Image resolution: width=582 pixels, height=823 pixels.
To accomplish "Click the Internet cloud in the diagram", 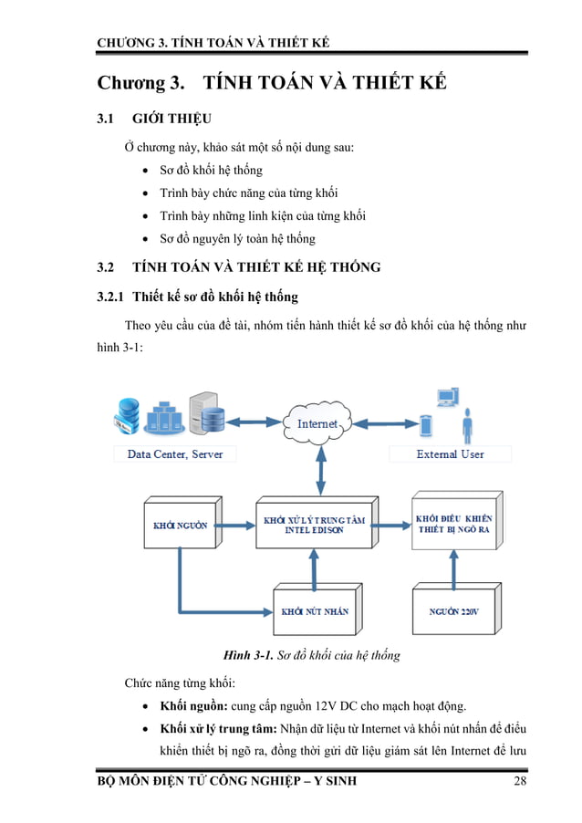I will pyautogui.click(x=317, y=422).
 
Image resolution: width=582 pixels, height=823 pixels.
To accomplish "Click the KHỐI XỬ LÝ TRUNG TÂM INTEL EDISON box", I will pyautogui.click(x=313, y=525).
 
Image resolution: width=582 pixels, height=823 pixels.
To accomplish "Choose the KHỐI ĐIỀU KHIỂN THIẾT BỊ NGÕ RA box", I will pyautogui.click(x=452, y=524).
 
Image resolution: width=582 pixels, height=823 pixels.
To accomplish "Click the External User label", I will pyautogui.click(x=450, y=453).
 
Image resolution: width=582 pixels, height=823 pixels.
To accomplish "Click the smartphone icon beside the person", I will pyautogui.click(x=425, y=425).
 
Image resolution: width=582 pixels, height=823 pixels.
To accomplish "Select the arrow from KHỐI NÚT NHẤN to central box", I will pyautogui.click(x=314, y=567).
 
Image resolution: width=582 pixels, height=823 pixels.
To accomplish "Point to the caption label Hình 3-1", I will pyautogui.click(x=250, y=655).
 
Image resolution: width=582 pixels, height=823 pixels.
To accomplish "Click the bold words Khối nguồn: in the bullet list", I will pyautogui.click(x=193, y=705).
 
